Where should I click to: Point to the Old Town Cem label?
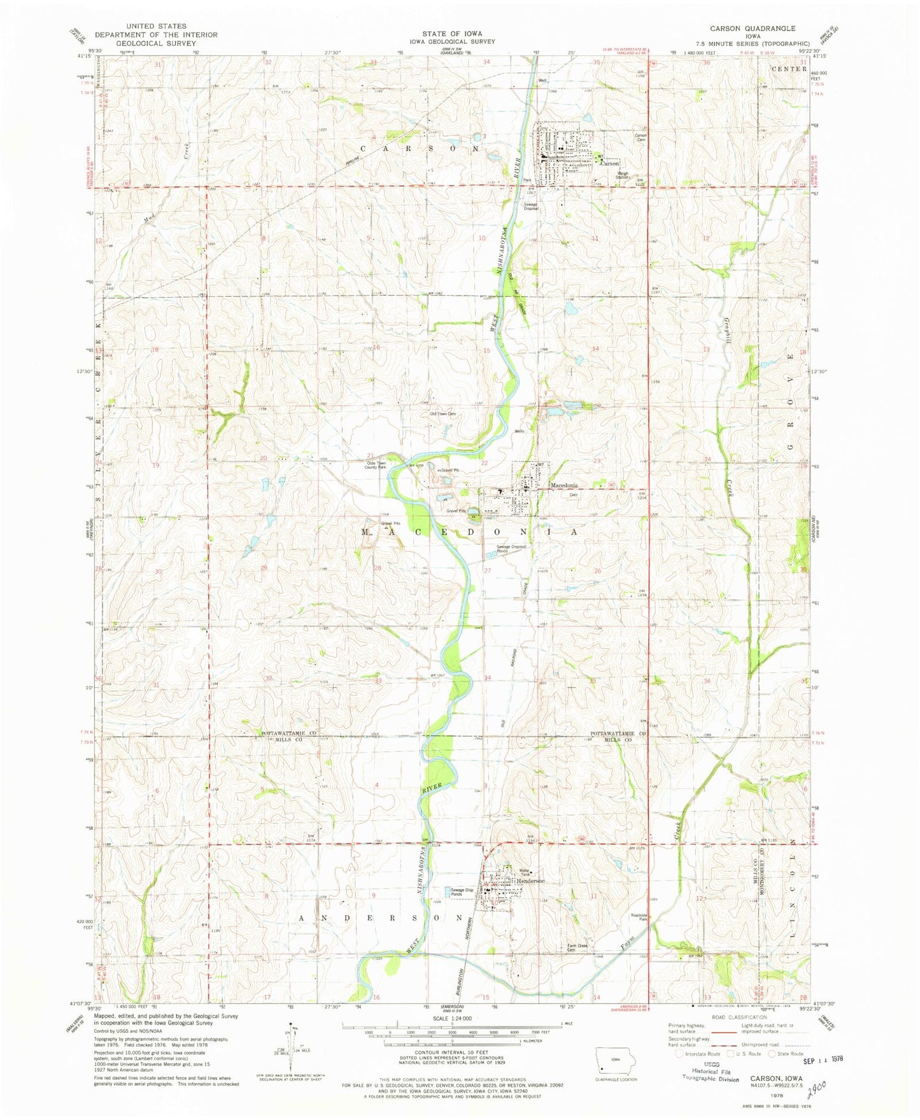point(443,414)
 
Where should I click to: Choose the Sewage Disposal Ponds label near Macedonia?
point(511,549)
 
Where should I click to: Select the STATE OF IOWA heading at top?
point(451,33)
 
